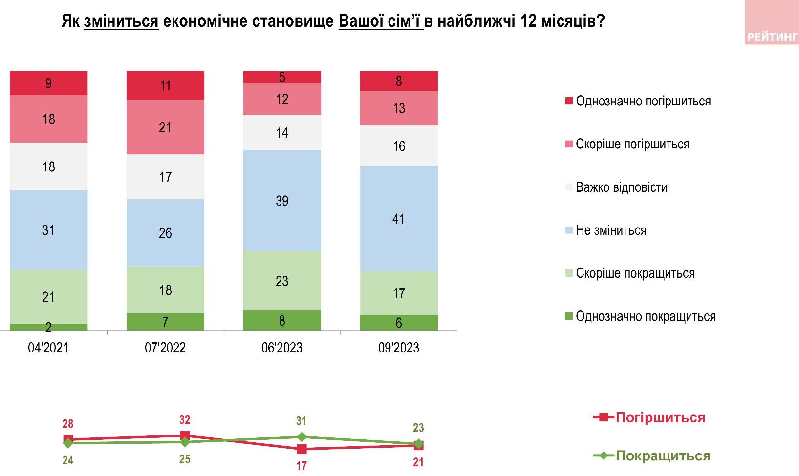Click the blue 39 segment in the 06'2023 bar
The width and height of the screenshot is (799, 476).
pyautogui.click(x=282, y=201)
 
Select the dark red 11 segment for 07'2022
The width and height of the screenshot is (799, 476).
pyautogui.click(x=165, y=85)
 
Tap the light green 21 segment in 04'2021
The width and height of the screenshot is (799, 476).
pyautogui.click(x=48, y=297)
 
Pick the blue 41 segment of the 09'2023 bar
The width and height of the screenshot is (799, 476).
pyautogui.click(x=399, y=219)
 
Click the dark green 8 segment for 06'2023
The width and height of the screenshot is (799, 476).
pyautogui.click(x=282, y=320)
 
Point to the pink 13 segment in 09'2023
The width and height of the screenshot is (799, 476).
pyautogui.click(x=399, y=108)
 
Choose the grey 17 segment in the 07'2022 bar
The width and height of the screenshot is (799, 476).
pyautogui.click(x=165, y=177)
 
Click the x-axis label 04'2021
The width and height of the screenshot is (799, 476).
pyautogui.click(x=48, y=348)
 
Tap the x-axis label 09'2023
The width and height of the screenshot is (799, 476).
pyautogui.click(x=399, y=348)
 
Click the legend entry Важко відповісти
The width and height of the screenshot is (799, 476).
pyautogui.click(x=621, y=187)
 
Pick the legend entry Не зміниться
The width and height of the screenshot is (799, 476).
pyautogui.click(x=611, y=230)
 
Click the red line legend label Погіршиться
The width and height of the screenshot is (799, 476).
pyautogui.click(x=660, y=418)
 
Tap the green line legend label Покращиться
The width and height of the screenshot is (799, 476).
pyautogui.click(x=662, y=456)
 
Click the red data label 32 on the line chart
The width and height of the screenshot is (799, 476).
pyautogui.click(x=185, y=420)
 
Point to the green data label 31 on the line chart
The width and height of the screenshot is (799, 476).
pyautogui.click(x=302, y=421)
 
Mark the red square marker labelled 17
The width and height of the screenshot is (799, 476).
pyautogui.click(x=302, y=449)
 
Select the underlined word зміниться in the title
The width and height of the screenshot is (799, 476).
pyautogui.click(x=121, y=22)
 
